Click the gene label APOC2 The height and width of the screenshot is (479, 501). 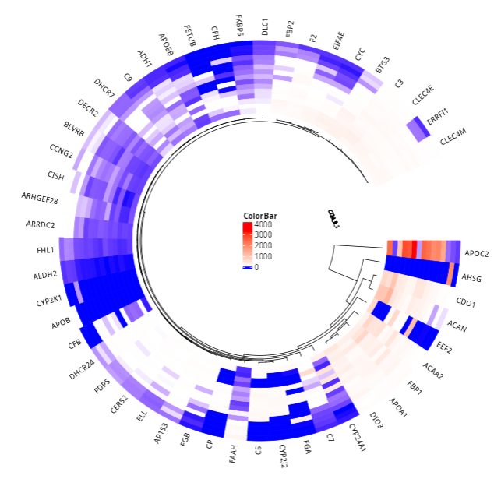point(477,253)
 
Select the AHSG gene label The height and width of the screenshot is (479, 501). point(472,277)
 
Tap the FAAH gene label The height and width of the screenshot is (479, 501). point(233,453)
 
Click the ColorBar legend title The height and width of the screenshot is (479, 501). point(260,216)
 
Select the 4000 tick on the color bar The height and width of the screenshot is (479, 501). point(263,226)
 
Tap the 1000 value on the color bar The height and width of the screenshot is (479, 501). point(263,257)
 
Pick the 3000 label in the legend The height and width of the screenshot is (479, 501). point(263,236)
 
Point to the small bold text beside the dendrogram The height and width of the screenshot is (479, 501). point(333,219)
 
